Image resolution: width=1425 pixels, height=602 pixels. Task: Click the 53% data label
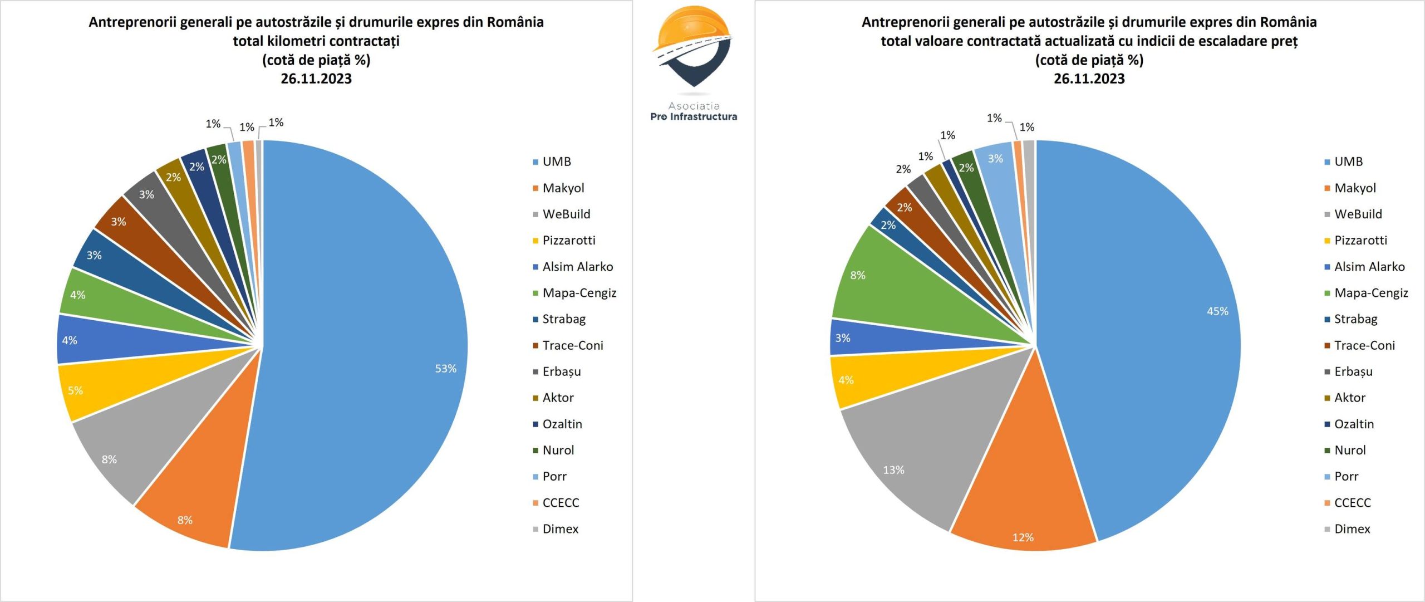point(445,369)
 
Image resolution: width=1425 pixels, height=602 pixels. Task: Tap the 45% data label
point(1217,311)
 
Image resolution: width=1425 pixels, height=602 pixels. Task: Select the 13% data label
point(893,470)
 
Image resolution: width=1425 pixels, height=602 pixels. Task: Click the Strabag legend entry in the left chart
point(563,319)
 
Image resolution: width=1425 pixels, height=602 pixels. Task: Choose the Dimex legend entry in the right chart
point(1352,529)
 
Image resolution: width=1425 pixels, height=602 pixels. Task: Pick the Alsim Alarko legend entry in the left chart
point(577,267)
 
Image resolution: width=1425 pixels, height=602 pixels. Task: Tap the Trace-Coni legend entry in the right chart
point(1364,345)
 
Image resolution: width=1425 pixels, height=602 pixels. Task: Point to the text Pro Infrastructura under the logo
point(694,117)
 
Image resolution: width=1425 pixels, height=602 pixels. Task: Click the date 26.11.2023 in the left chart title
point(316,79)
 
